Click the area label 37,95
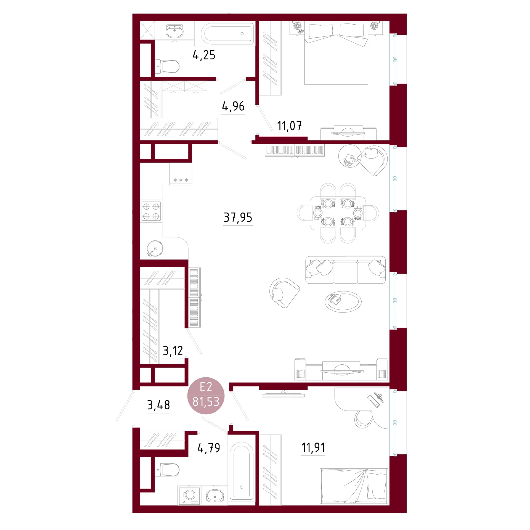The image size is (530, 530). (238, 218)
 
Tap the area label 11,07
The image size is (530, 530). (289, 126)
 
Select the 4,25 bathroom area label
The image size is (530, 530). (204, 55)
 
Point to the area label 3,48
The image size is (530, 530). (158, 405)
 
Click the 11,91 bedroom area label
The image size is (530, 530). (313, 447)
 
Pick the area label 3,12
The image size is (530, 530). (173, 351)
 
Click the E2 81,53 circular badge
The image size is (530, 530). (206, 395)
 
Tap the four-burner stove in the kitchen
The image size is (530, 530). (151, 211)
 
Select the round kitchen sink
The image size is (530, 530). (155, 248)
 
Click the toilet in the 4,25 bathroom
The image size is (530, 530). (167, 67)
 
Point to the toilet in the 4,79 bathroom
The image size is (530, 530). (167, 470)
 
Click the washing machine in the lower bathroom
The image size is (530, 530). (189, 495)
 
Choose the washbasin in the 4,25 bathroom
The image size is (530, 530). (174, 31)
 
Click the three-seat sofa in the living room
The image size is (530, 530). (345, 270)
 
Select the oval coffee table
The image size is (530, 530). (343, 302)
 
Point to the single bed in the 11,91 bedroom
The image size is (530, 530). (354, 486)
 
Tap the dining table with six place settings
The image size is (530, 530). (338, 213)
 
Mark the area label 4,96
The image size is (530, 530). (234, 106)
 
